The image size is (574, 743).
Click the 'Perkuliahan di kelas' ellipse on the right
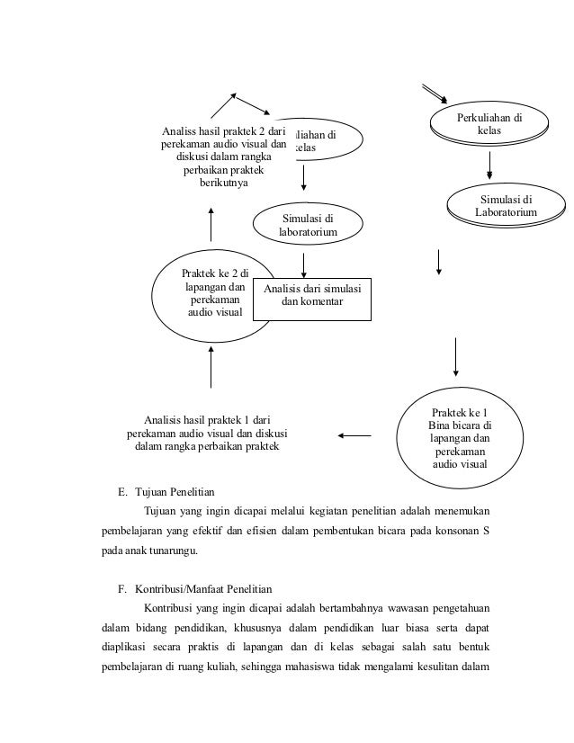pos(489,124)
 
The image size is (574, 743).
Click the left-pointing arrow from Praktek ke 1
pos(355,437)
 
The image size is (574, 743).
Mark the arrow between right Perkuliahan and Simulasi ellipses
pos(490,164)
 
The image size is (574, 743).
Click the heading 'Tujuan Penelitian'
pos(175,493)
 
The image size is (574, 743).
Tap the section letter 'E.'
pos(122,493)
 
